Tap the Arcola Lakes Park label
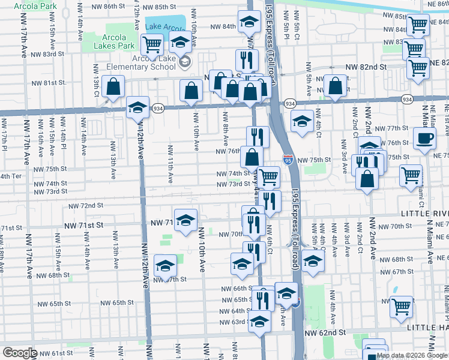[110, 41]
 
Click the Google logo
[20, 353]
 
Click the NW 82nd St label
[366, 68]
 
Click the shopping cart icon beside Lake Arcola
[152, 44]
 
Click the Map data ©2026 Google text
[411, 355]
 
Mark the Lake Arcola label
[164, 28]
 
